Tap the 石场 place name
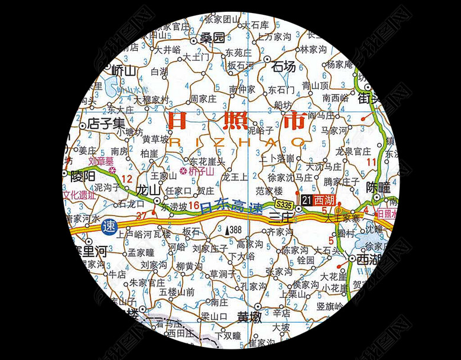284,67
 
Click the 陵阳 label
82,176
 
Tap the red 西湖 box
324,200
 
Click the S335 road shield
284,204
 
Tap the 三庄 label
280,216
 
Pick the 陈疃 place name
378,187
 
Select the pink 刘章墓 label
101,160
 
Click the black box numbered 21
306,200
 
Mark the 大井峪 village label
160,50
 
